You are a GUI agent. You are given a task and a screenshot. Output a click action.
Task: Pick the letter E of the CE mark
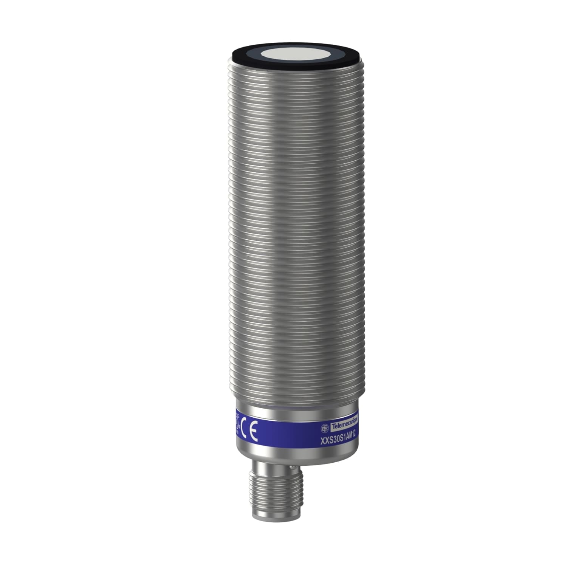(254, 434)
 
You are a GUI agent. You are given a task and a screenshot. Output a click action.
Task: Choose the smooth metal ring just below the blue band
(295, 452)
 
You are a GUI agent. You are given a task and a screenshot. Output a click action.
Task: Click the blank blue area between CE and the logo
(287, 435)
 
